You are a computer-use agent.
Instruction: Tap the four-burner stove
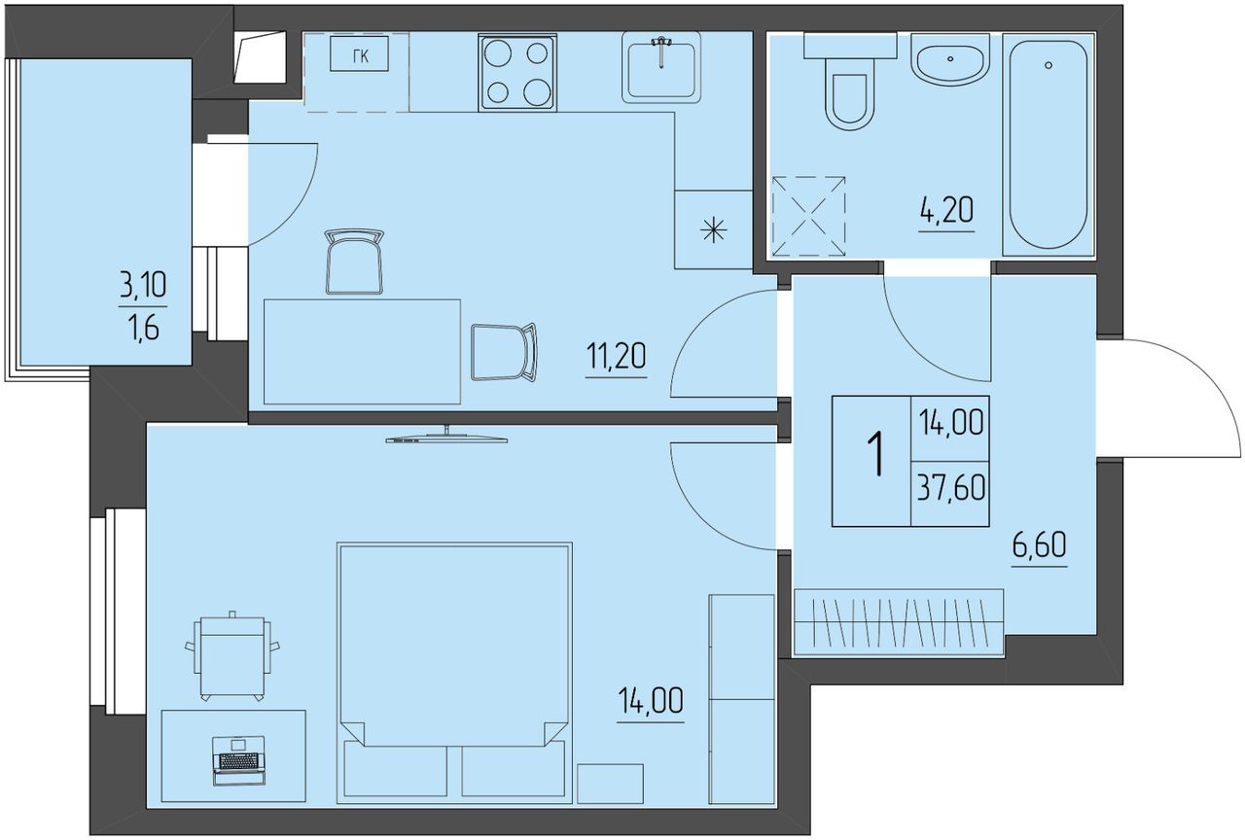point(517,72)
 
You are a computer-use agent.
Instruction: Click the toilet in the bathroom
point(850,83)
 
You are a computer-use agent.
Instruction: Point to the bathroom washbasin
point(950,59)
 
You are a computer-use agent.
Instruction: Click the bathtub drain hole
point(1049,65)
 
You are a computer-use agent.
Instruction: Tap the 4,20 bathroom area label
point(946,212)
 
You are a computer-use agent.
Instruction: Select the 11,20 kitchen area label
point(617,356)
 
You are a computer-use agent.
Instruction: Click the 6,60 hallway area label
point(1040,545)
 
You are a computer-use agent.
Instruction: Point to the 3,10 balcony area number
point(143,286)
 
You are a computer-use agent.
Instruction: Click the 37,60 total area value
point(951,489)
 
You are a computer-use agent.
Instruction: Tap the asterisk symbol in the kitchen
point(714,230)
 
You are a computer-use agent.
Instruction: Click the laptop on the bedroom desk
point(239,760)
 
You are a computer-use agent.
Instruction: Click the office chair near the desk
point(232,656)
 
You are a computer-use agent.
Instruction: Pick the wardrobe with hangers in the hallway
point(899,623)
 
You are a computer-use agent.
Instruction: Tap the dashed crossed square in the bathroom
point(808,216)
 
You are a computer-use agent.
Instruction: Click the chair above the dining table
point(355,261)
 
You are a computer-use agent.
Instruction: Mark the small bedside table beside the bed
point(610,784)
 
